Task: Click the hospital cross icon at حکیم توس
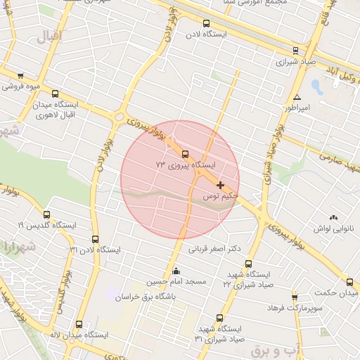click(x=220, y=185)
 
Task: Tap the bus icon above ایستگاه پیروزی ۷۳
click(x=186, y=154)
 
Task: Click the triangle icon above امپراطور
click(x=298, y=97)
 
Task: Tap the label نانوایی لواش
click(x=336, y=229)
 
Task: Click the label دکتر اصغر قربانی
click(x=215, y=248)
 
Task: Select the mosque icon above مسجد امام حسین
click(x=176, y=271)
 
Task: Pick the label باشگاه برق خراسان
click(x=148, y=297)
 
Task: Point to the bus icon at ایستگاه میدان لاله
click(x=77, y=325)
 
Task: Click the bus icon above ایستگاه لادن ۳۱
click(x=95, y=238)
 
